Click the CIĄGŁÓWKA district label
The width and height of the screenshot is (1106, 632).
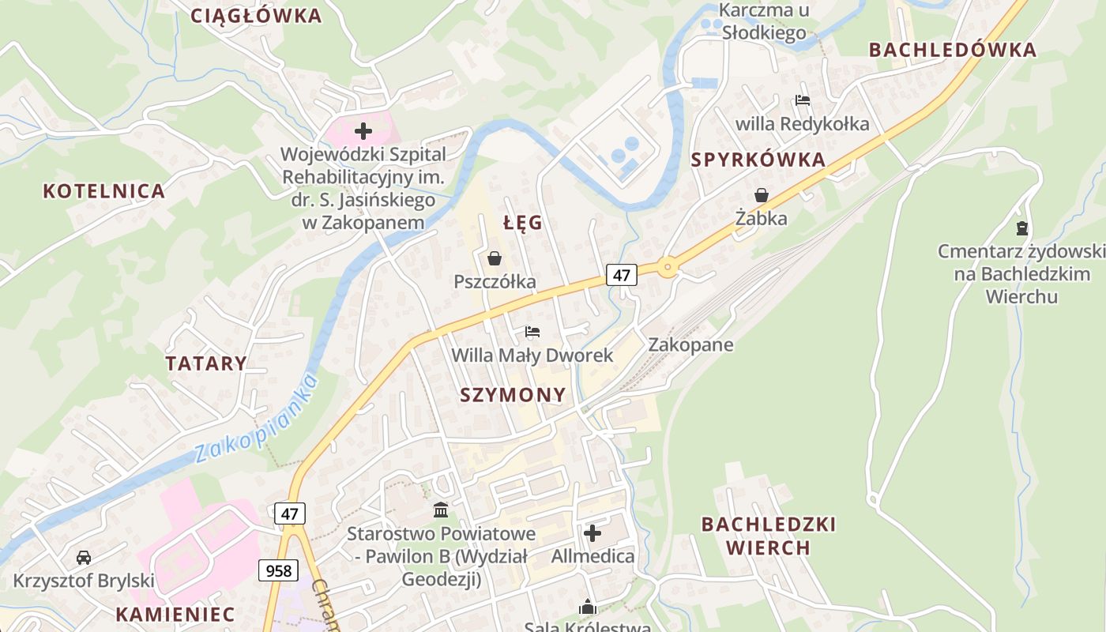(x=257, y=16)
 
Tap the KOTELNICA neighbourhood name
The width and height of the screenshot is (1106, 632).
(x=103, y=191)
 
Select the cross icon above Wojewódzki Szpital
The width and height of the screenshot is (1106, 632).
(x=363, y=131)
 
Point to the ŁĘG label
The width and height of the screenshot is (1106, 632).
(x=523, y=223)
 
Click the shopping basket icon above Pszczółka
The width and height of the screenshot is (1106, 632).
(x=495, y=258)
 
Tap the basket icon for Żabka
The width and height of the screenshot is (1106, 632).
(x=762, y=195)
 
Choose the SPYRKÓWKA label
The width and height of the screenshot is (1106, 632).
(x=758, y=160)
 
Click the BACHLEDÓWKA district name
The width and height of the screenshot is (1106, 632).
(x=952, y=50)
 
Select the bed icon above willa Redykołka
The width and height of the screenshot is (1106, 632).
(x=803, y=100)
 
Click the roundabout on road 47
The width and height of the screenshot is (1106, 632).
(x=668, y=268)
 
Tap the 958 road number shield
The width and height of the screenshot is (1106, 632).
(x=278, y=570)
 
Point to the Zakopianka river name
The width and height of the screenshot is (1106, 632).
(x=257, y=419)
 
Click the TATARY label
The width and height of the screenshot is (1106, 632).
(x=205, y=363)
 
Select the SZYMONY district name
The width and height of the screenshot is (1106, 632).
(x=513, y=395)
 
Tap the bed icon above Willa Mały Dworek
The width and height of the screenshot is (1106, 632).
(x=532, y=332)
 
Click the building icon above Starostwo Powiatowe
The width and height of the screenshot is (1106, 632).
(x=441, y=510)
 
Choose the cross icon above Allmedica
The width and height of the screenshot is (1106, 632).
(x=592, y=533)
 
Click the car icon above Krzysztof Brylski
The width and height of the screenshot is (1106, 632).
(x=83, y=558)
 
